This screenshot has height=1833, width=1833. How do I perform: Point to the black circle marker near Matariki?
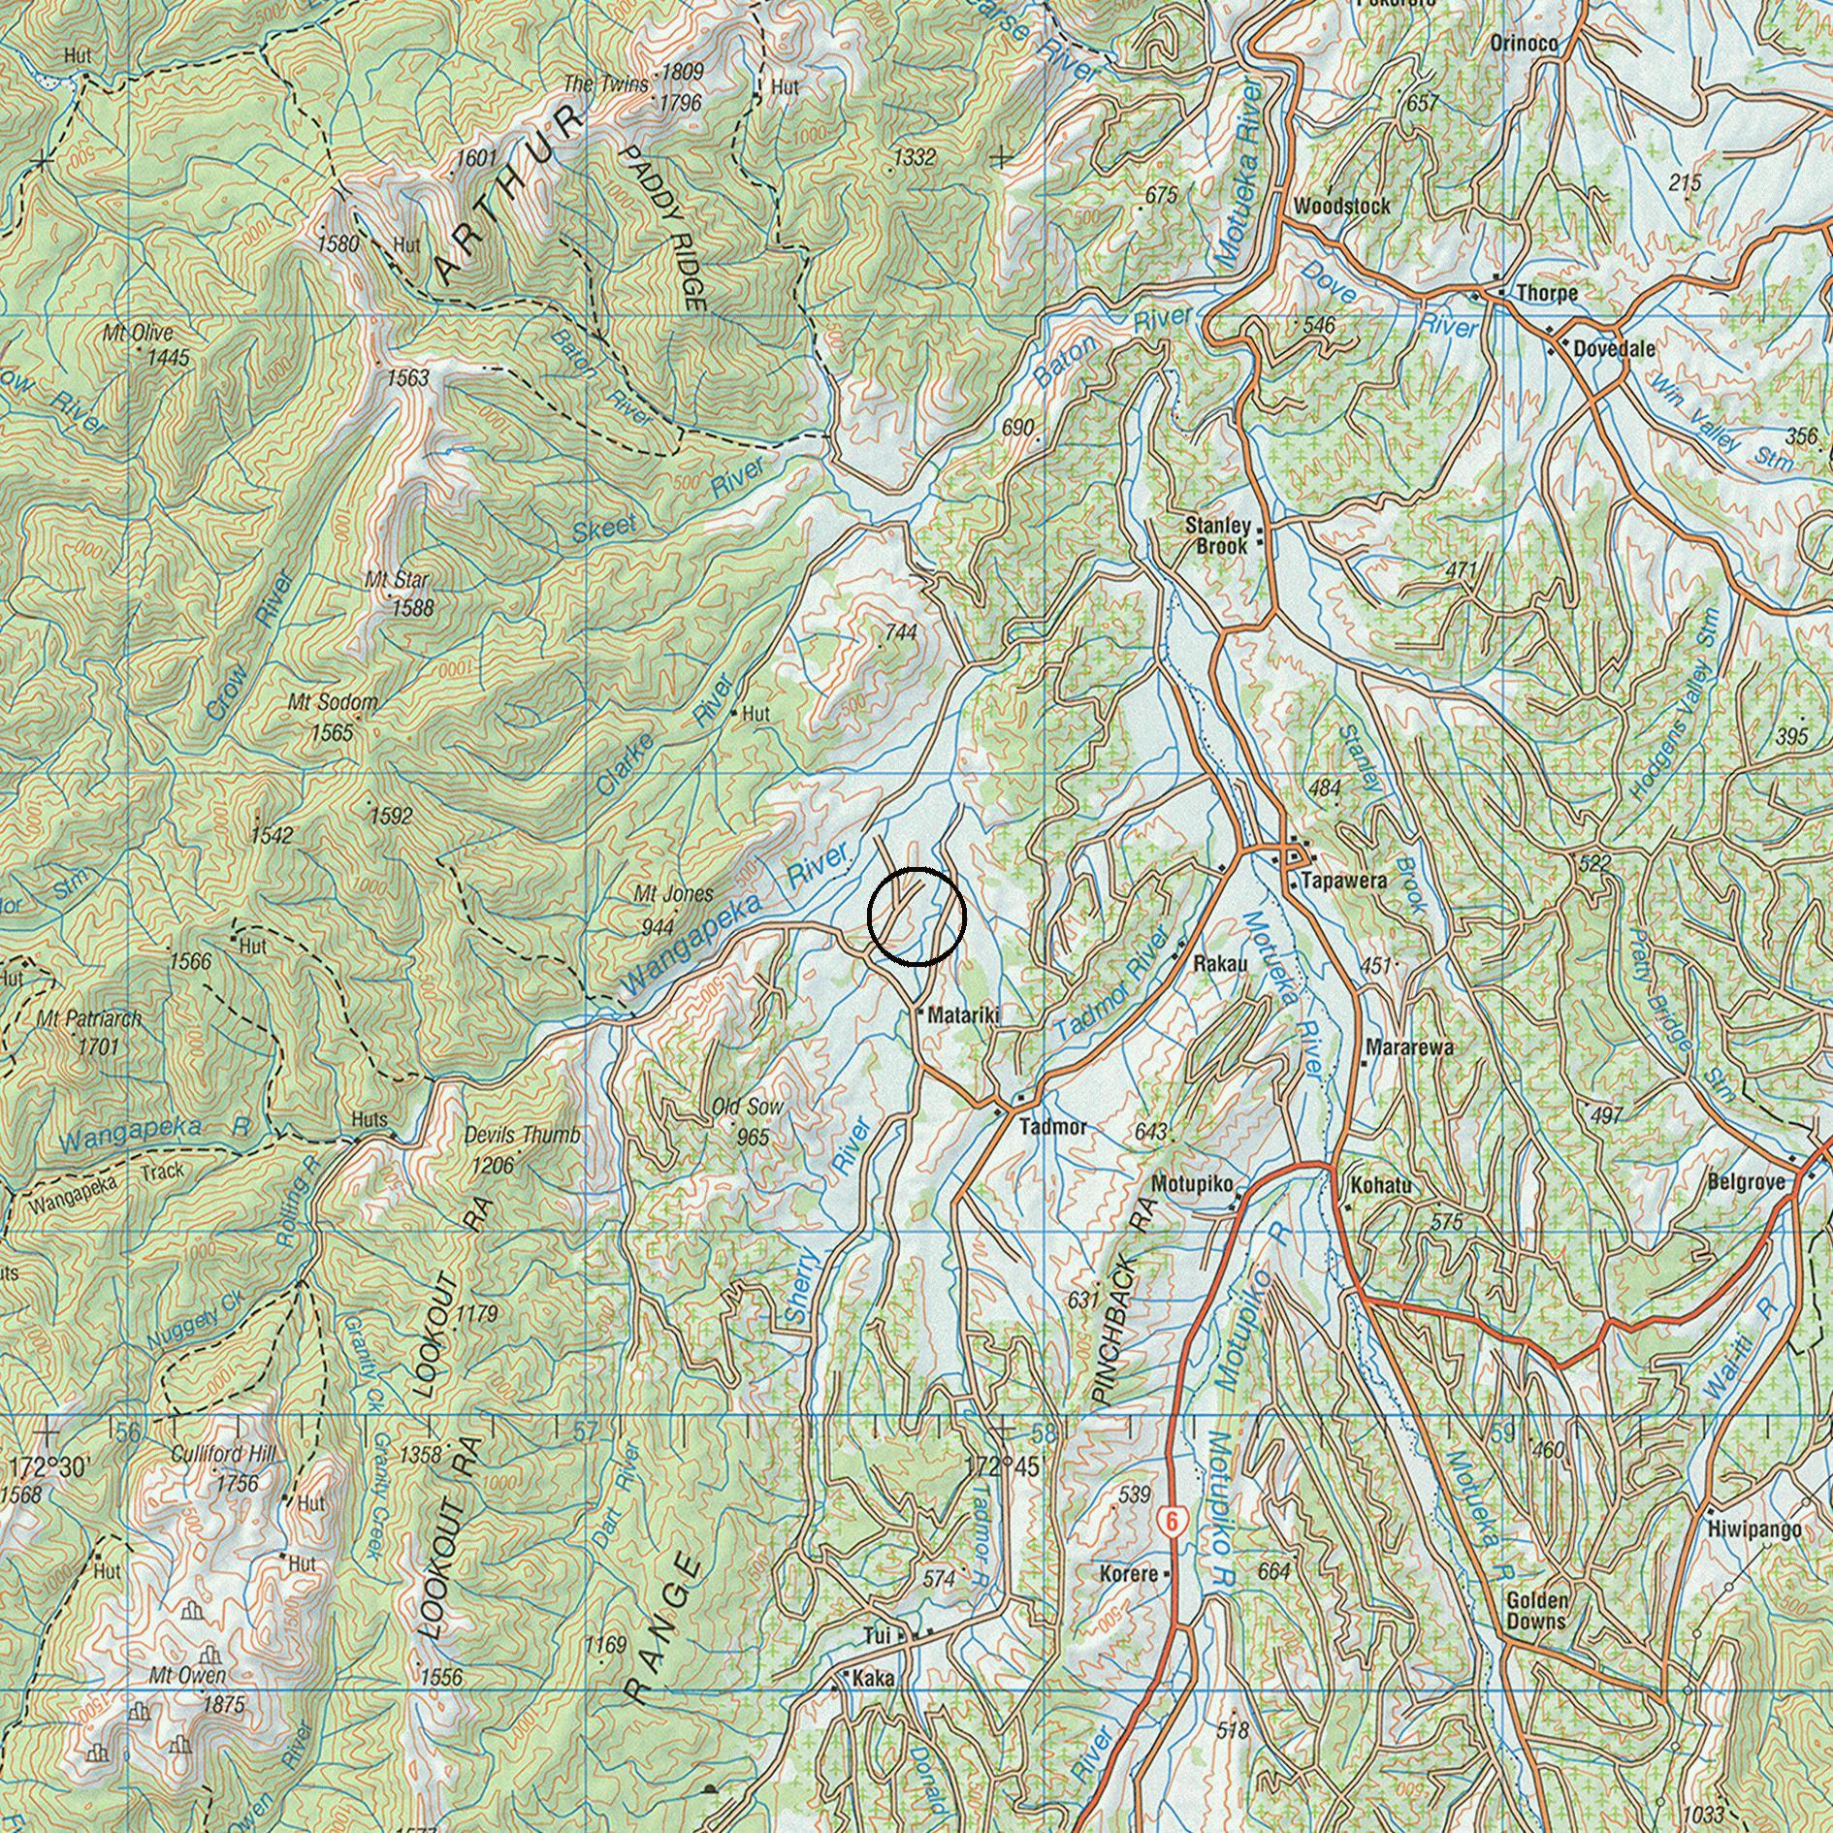point(916,916)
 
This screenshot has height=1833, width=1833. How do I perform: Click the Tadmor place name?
point(1053,1128)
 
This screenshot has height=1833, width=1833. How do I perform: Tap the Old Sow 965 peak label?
point(748,1120)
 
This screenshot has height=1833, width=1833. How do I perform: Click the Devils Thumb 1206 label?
point(523,1148)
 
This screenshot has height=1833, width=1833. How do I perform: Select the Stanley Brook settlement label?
point(1219,535)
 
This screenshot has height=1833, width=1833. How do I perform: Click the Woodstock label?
point(1341,206)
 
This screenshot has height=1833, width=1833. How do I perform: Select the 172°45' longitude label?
point(1002,1466)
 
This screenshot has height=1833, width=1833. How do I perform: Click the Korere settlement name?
point(1128,1572)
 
